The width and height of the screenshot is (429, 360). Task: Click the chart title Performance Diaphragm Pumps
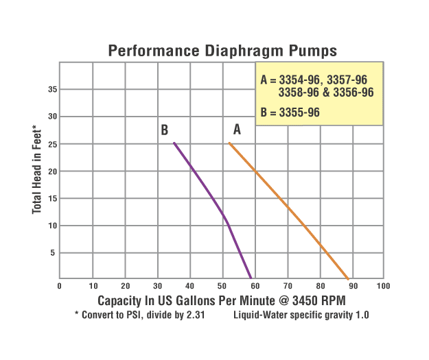click(222, 51)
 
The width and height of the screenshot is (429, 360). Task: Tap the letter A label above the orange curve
click(237, 128)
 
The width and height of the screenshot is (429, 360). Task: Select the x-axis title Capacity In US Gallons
click(222, 300)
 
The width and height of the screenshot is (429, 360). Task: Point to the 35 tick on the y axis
click(52, 89)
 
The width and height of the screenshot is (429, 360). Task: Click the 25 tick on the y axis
click(52, 143)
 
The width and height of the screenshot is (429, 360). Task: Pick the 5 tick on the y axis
click(54, 252)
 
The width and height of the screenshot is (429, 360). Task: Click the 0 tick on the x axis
click(60, 285)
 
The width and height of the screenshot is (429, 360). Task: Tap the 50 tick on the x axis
click(222, 285)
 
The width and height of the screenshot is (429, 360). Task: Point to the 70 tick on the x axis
click(286, 285)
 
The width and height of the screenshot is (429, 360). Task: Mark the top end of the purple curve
click(174, 143)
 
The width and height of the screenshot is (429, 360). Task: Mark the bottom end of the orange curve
click(349, 278)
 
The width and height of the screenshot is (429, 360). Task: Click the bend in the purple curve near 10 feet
click(227, 221)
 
